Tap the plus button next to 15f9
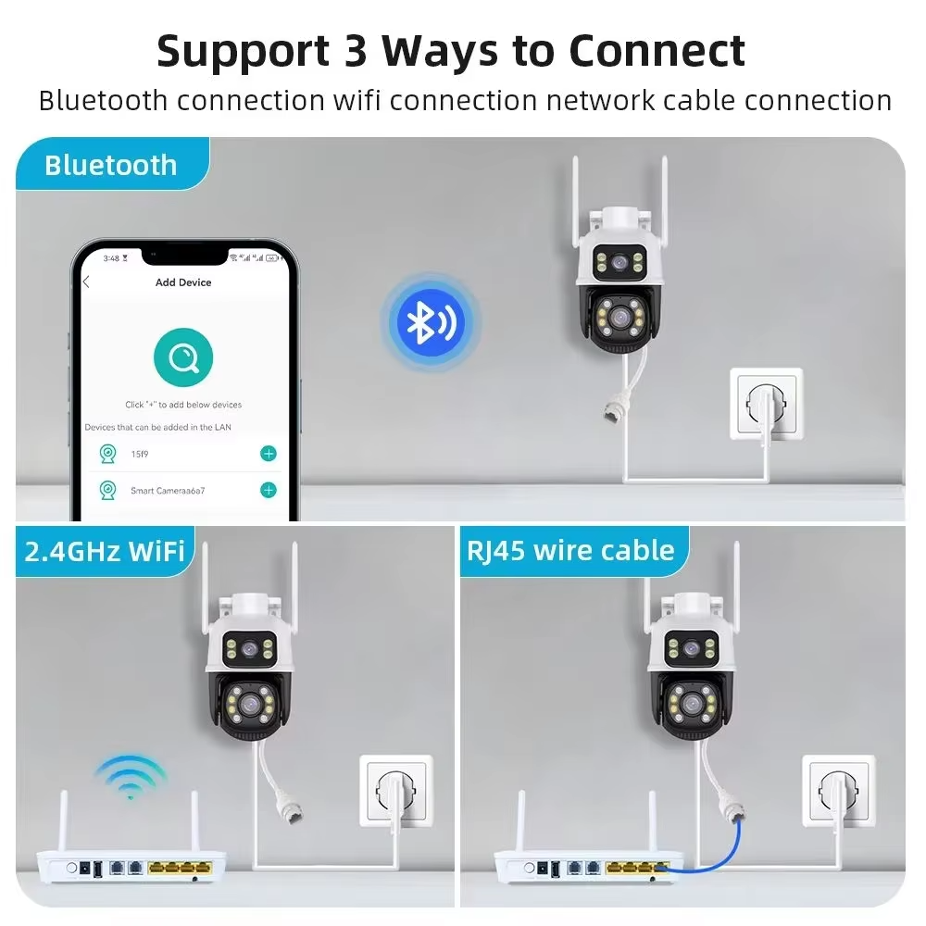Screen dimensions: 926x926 (x=269, y=454)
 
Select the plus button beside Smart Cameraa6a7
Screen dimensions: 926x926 (x=269, y=490)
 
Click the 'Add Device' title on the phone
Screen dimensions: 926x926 (x=183, y=282)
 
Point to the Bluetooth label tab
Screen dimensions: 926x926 (x=110, y=166)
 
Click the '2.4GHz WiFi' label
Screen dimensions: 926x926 (x=105, y=551)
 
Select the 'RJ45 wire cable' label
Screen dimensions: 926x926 (x=570, y=551)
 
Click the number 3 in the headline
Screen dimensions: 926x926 (x=356, y=50)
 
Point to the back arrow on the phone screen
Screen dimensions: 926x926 (x=86, y=282)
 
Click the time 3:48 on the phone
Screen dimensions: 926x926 (x=111, y=257)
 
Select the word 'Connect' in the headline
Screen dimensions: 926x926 (x=657, y=50)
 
